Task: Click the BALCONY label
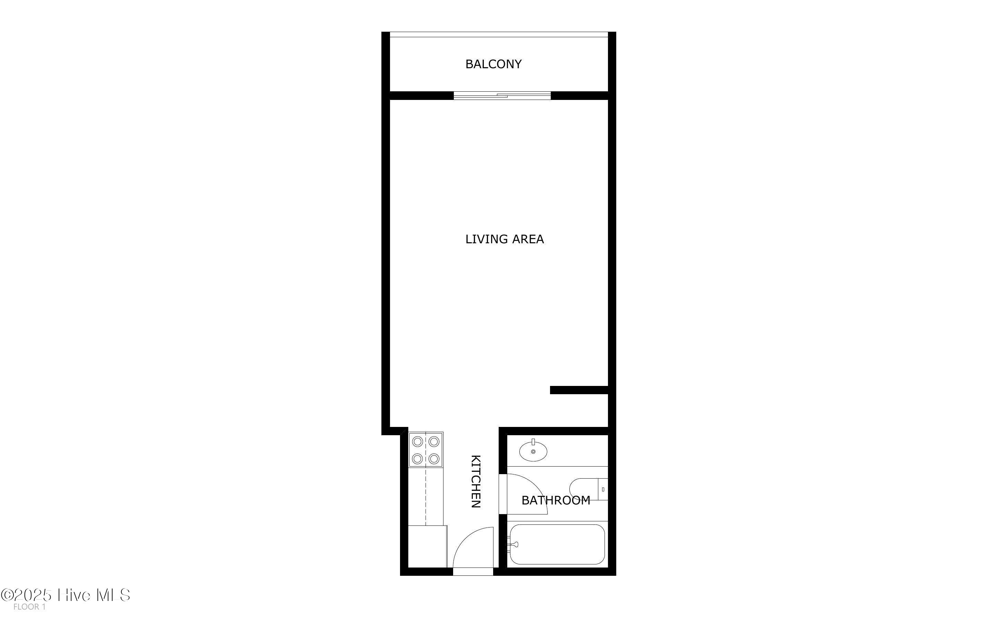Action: pyautogui.click(x=493, y=64)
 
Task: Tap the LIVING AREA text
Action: pyautogui.click(x=505, y=239)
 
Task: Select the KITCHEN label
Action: pyautogui.click(x=476, y=481)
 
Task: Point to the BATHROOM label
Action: pyautogui.click(x=556, y=500)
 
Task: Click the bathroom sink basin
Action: pyautogui.click(x=533, y=451)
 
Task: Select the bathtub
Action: pyautogui.click(x=557, y=544)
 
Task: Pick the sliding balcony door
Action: pyautogui.click(x=502, y=95)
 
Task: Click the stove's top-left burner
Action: pyautogui.click(x=417, y=442)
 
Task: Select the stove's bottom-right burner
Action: pyautogui.click(x=434, y=458)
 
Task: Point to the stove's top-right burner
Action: pyautogui.click(x=434, y=442)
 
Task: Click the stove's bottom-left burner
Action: pyautogui.click(x=417, y=458)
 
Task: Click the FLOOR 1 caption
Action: pyautogui.click(x=29, y=607)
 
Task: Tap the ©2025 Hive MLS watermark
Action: pyautogui.click(x=66, y=595)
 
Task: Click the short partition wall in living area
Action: pyautogui.click(x=579, y=390)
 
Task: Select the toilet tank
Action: pyautogui.click(x=603, y=489)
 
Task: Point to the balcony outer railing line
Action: pyautogui.click(x=499, y=37)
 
